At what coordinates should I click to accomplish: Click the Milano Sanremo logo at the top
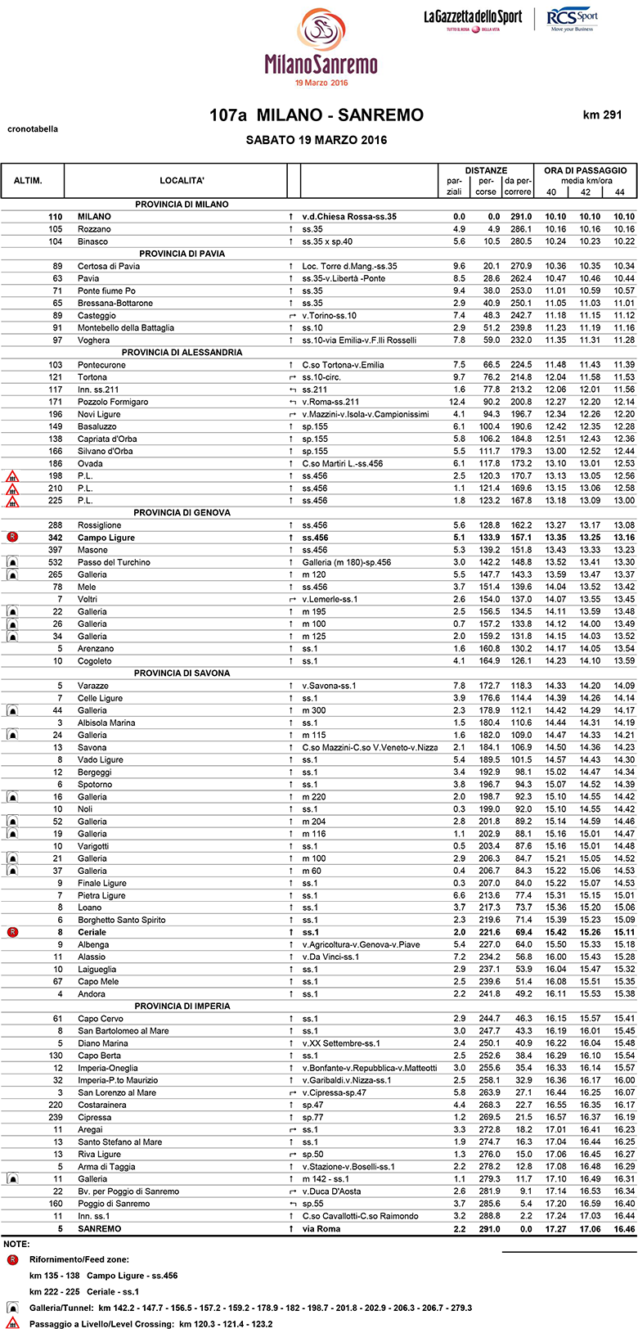[x=321, y=47]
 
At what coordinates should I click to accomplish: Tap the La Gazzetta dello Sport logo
[x=472, y=18]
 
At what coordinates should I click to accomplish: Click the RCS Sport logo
[x=573, y=19]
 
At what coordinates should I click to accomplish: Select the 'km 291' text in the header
[x=603, y=115]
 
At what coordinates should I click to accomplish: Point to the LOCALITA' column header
[x=182, y=180]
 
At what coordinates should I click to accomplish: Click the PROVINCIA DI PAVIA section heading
[x=182, y=254]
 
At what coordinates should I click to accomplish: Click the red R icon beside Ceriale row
[x=12, y=932]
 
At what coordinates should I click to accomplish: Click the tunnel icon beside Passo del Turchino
[x=12, y=562]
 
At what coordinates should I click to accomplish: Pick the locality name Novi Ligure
[x=98, y=414]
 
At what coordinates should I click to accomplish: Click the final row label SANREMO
[x=99, y=1228]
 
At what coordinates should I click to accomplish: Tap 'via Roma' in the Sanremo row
[x=321, y=1228]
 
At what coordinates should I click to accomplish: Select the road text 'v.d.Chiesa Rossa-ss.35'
[x=349, y=217]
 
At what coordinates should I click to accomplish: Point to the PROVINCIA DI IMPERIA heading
[x=182, y=1007]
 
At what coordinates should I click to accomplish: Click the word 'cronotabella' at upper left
[x=33, y=129]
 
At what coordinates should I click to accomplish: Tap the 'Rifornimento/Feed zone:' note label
[x=79, y=1259]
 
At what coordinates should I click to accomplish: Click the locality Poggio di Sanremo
[x=114, y=1204]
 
